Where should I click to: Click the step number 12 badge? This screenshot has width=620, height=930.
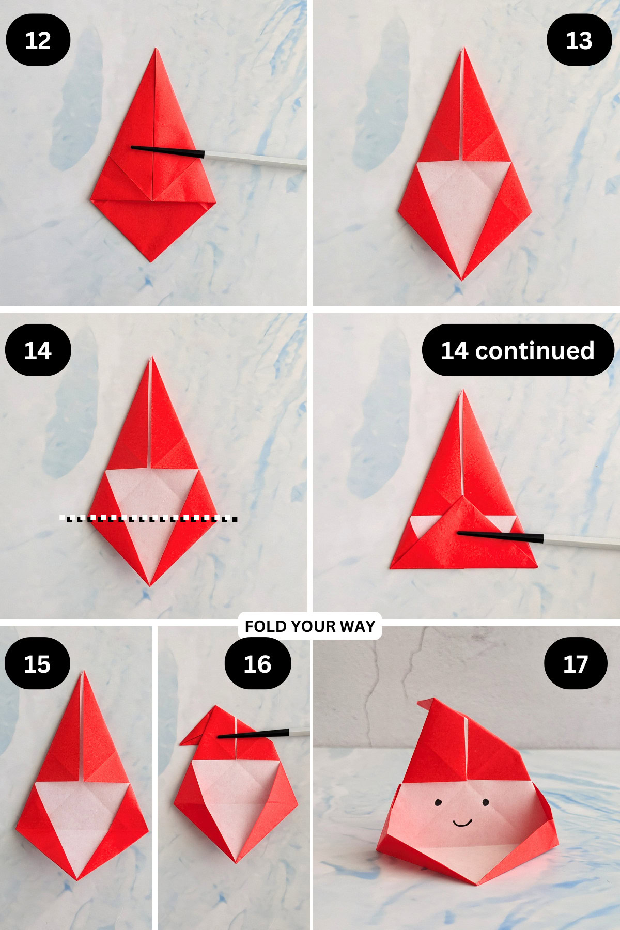pos(38,40)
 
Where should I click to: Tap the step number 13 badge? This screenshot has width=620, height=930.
pos(579,40)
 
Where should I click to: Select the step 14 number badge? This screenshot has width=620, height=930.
pos(38,350)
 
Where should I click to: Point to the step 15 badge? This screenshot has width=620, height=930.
pos(37,663)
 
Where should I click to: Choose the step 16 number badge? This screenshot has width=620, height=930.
pos(257,663)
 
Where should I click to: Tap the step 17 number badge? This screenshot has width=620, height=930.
pos(575,663)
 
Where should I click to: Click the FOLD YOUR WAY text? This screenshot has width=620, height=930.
pos(310,626)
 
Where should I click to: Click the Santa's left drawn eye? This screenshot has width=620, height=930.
pos(438,802)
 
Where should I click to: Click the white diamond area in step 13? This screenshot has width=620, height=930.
pos(462,207)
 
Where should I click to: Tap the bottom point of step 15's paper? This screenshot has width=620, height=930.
pos(78,878)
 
